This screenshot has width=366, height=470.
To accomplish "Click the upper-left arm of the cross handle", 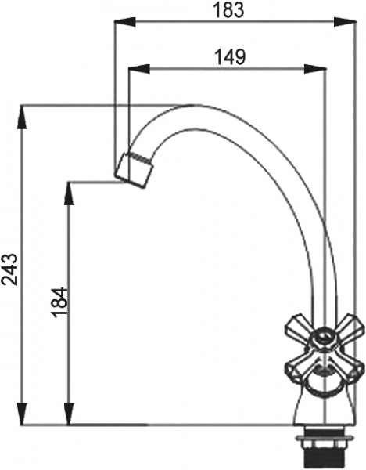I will [297, 323].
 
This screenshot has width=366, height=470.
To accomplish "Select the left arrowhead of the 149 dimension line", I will [134, 69].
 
